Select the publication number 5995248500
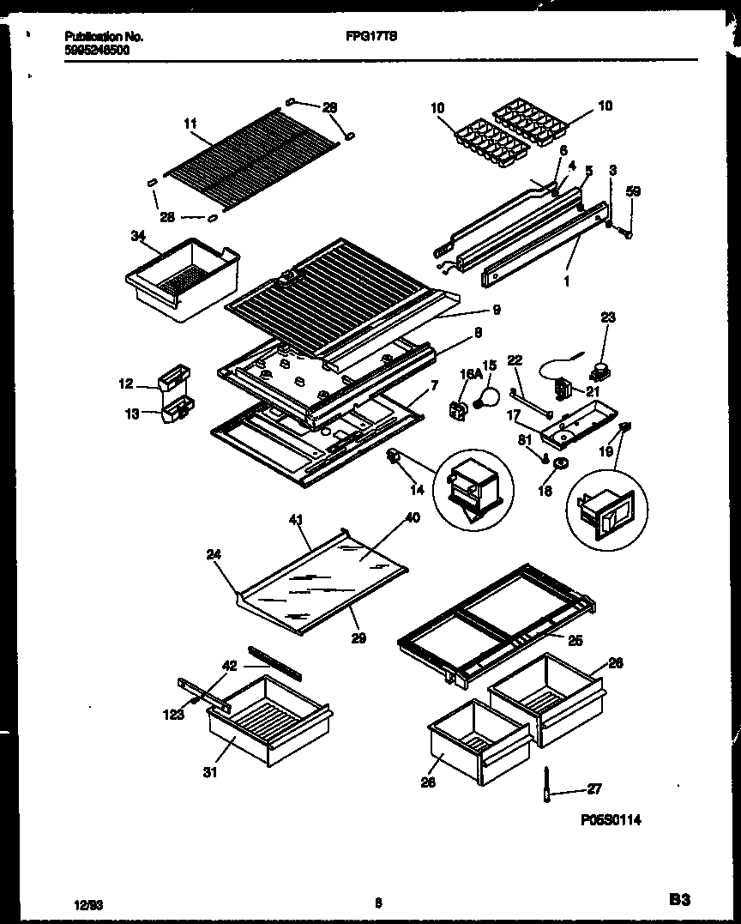[x=99, y=50]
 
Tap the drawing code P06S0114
[x=611, y=821]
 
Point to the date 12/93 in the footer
[x=84, y=903]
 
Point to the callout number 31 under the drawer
[x=210, y=771]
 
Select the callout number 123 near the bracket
[x=174, y=714]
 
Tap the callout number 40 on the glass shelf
[x=412, y=517]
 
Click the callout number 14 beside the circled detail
[x=417, y=491]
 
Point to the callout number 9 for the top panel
[x=497, y=310]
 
